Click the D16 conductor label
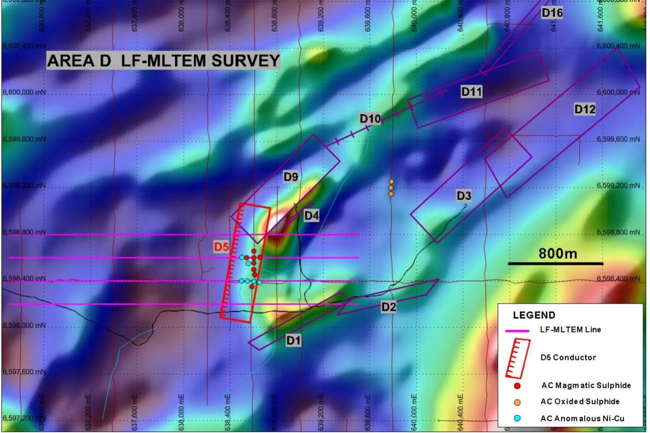point(552,13)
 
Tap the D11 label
point(472,92)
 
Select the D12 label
point(585,109)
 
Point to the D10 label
point(370,119)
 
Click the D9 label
point(291,177)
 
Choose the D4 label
point(311,216)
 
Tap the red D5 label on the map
point(221,247)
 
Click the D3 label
point(464,196)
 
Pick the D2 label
point(389,307)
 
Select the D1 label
point(293,340)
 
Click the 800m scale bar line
point(556,264)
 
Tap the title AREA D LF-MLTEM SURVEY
point(163,61)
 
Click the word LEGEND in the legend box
point(534,315)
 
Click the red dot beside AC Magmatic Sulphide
point(517,386)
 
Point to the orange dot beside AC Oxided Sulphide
point(517,402)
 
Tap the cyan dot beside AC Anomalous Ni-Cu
point(517,419)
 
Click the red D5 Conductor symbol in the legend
point(517,358)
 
